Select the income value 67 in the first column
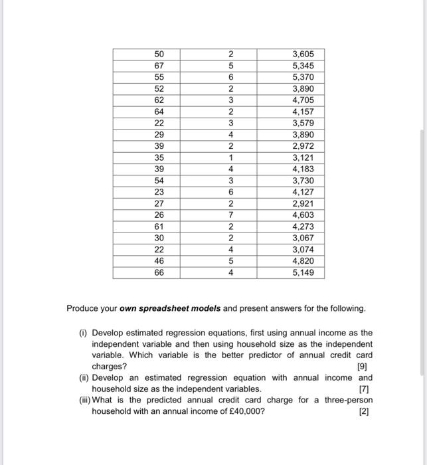[x=158, y=66]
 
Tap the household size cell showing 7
[x=230, y=215]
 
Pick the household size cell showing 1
[x=230, y=158]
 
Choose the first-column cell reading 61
[x=158, y=227]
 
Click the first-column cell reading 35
[x=158, y=158]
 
